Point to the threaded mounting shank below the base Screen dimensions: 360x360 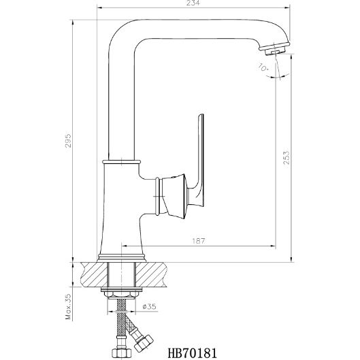pyautogui.click(x=122, y=276)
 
